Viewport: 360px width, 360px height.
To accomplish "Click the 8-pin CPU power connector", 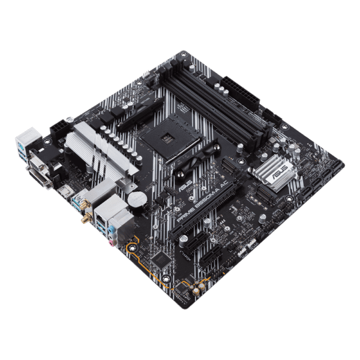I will [60, 129].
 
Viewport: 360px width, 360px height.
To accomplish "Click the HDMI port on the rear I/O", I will [63, 193].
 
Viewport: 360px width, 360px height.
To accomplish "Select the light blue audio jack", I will [110, 231].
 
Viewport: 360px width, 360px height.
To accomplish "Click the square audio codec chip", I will [159, 260].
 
